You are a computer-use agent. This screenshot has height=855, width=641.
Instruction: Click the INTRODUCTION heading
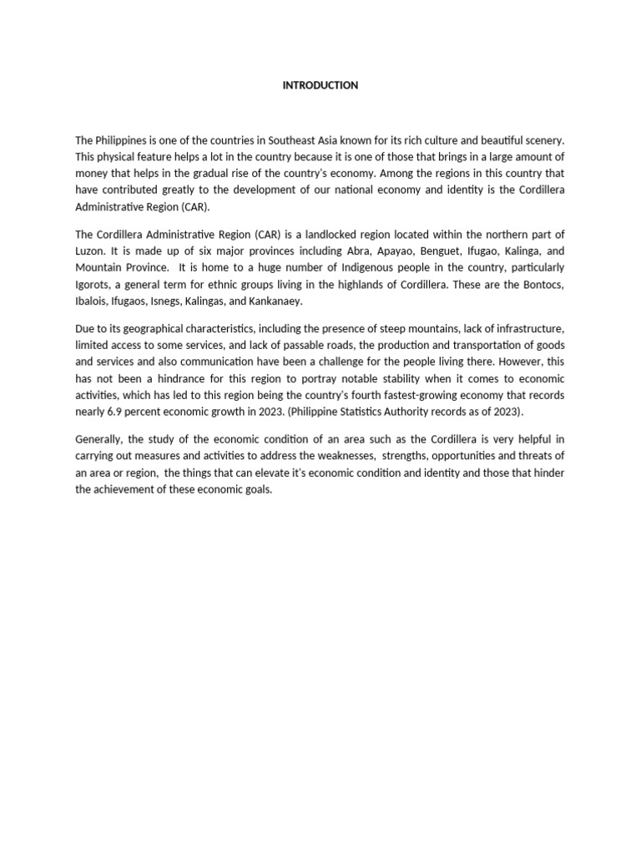coord(320,85)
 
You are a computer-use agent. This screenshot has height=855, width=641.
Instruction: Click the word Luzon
coord(89,251)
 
